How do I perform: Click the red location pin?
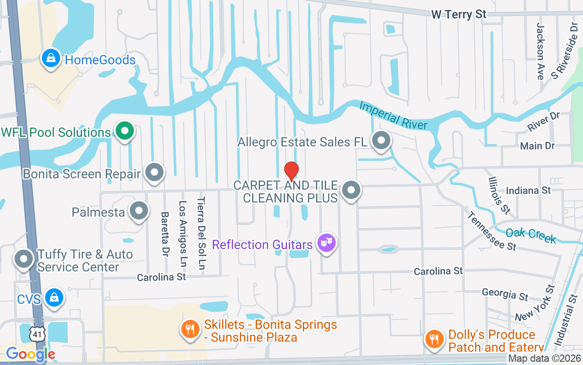[x=291, y=171]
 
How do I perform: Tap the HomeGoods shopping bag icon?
[x=51, y=58]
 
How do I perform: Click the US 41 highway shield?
[x=37, y=334]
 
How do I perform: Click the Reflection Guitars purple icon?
[x=326, y=243]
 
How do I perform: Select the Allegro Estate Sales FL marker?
[x=381, y=141]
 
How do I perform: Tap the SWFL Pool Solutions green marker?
[x=124, y=131]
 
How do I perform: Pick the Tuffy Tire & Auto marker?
[x=24, y=259]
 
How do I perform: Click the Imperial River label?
[x=394, y=115]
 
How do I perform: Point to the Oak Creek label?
[x=531, y=235]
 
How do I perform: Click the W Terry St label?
[x=459, y=15]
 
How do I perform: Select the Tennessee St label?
[x=491, y=231]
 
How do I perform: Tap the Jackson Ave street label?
[x=541, y=51]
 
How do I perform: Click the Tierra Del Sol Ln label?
[x=201, y=233]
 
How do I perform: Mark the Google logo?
[x=31, y=354]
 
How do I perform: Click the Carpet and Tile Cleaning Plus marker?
[x=351, y=191]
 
